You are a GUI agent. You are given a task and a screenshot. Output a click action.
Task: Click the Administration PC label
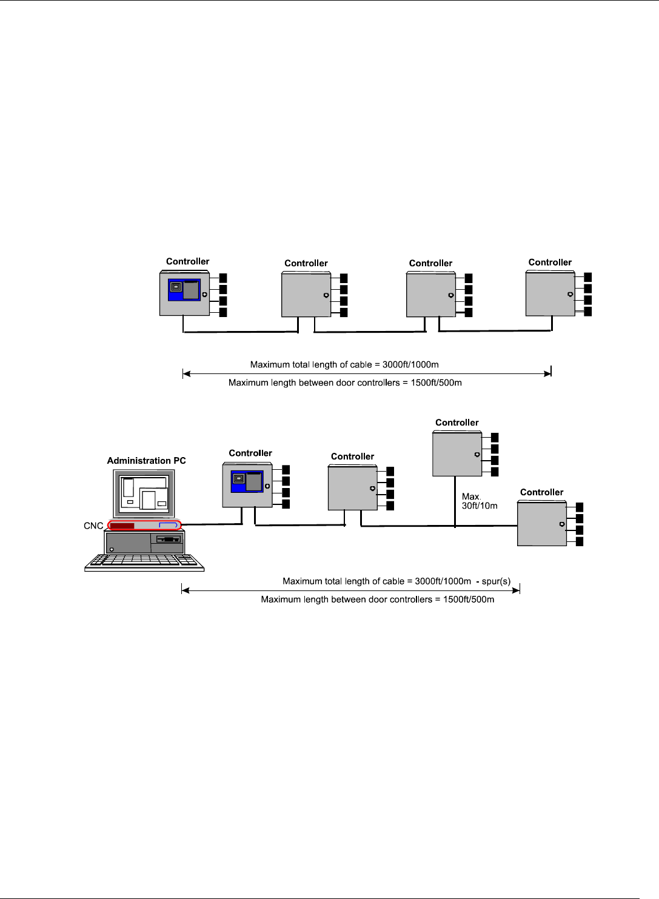[x=146, y=461]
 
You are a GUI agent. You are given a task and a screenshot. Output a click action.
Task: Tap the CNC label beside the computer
[x=93, y=526]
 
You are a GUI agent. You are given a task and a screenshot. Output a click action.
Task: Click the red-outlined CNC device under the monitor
[x=144, y=525]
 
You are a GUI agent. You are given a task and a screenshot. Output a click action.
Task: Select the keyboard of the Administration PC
[x=144, y=562]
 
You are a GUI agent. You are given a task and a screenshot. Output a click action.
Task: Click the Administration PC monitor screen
[x=144, y=492]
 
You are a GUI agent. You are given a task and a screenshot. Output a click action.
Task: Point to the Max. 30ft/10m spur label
[x=480, y=501]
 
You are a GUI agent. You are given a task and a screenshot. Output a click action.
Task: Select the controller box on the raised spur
[x=457, y=453]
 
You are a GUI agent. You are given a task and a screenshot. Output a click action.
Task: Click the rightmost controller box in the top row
[x=550, y=294]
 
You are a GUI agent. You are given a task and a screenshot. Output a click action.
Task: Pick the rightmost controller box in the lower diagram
[x=541, y=523]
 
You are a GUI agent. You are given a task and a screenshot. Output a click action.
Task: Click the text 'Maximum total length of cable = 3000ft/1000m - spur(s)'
[x=396, y=581]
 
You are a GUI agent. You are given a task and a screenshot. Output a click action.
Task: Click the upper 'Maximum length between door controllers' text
[x=345, y=383]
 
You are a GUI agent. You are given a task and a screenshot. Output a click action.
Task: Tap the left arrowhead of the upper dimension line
[x=186, y=374]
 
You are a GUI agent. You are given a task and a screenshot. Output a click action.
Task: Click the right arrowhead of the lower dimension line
[x=517, y=590]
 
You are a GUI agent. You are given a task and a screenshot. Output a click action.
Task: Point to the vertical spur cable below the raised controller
[x=455, y=501]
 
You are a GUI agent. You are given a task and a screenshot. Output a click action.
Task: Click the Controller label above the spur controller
[x=457, y=423]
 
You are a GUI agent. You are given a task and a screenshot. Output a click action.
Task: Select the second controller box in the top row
[x=306, y=295]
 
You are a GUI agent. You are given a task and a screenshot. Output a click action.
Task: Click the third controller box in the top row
[x=430, y=295]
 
